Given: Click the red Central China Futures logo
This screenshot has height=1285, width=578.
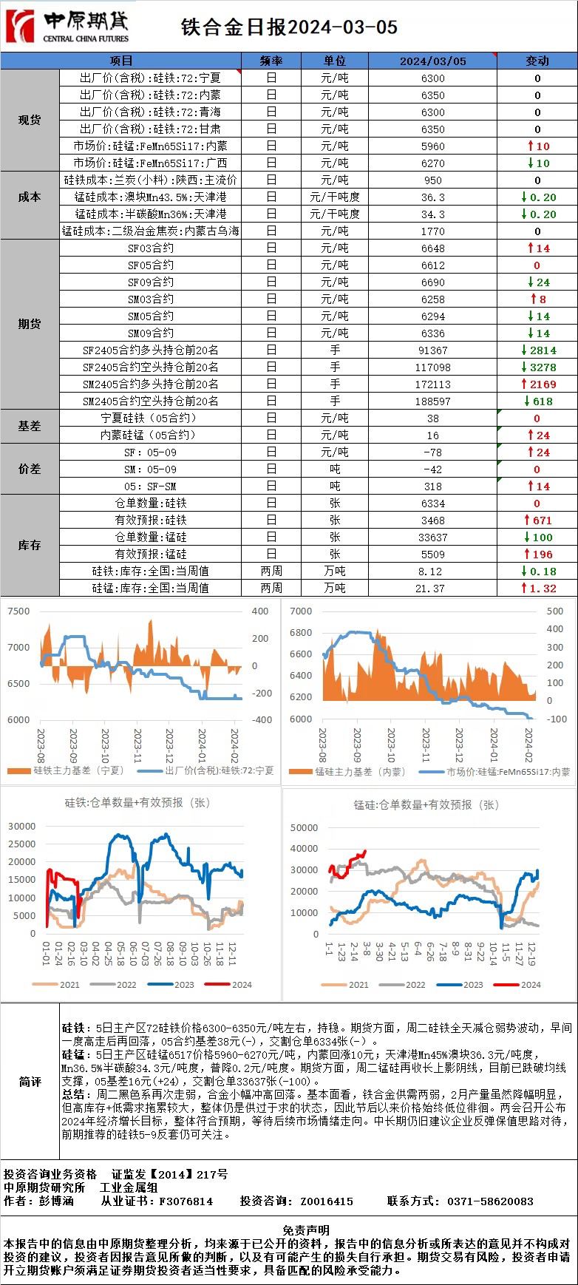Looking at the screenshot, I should pos(21,27).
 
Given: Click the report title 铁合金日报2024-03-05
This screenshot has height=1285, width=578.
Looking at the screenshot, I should pos(289,27).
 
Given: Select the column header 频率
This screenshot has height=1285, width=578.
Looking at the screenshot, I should pos(271,61).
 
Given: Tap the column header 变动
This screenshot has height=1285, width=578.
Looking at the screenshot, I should pos(537,61).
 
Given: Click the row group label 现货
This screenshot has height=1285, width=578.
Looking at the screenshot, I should pos(30,120).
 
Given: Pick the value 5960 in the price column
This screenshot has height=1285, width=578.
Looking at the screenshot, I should pos(432,146).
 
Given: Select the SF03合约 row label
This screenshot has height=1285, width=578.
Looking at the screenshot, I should pos(151,248).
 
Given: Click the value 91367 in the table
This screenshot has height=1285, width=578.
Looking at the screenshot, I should pos(432,350).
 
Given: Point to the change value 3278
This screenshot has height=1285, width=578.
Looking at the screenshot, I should pos(542,367).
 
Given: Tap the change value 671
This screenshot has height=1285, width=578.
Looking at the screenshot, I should pos(542,521).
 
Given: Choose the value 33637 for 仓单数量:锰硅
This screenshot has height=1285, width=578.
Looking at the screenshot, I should pos(432,538).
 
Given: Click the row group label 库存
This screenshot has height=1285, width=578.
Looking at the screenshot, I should pos(30,545).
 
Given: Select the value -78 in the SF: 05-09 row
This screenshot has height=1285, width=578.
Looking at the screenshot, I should pos(432,452).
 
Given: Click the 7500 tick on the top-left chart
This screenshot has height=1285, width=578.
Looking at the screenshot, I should pos(18,611).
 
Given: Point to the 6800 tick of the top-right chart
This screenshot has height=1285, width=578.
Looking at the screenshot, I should pos(301,633).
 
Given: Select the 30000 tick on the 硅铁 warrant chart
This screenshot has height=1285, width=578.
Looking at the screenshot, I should pos(21,827).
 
